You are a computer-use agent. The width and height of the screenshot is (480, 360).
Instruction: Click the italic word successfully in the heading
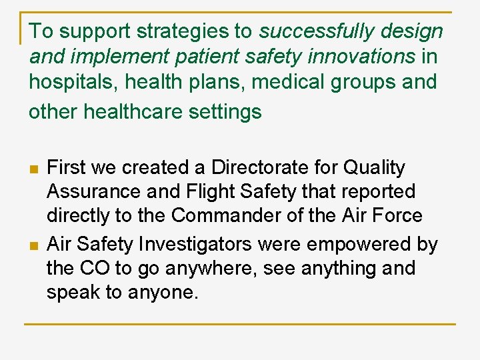pos(312,31)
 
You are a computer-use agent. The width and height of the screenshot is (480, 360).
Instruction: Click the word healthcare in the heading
pos(134,111)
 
